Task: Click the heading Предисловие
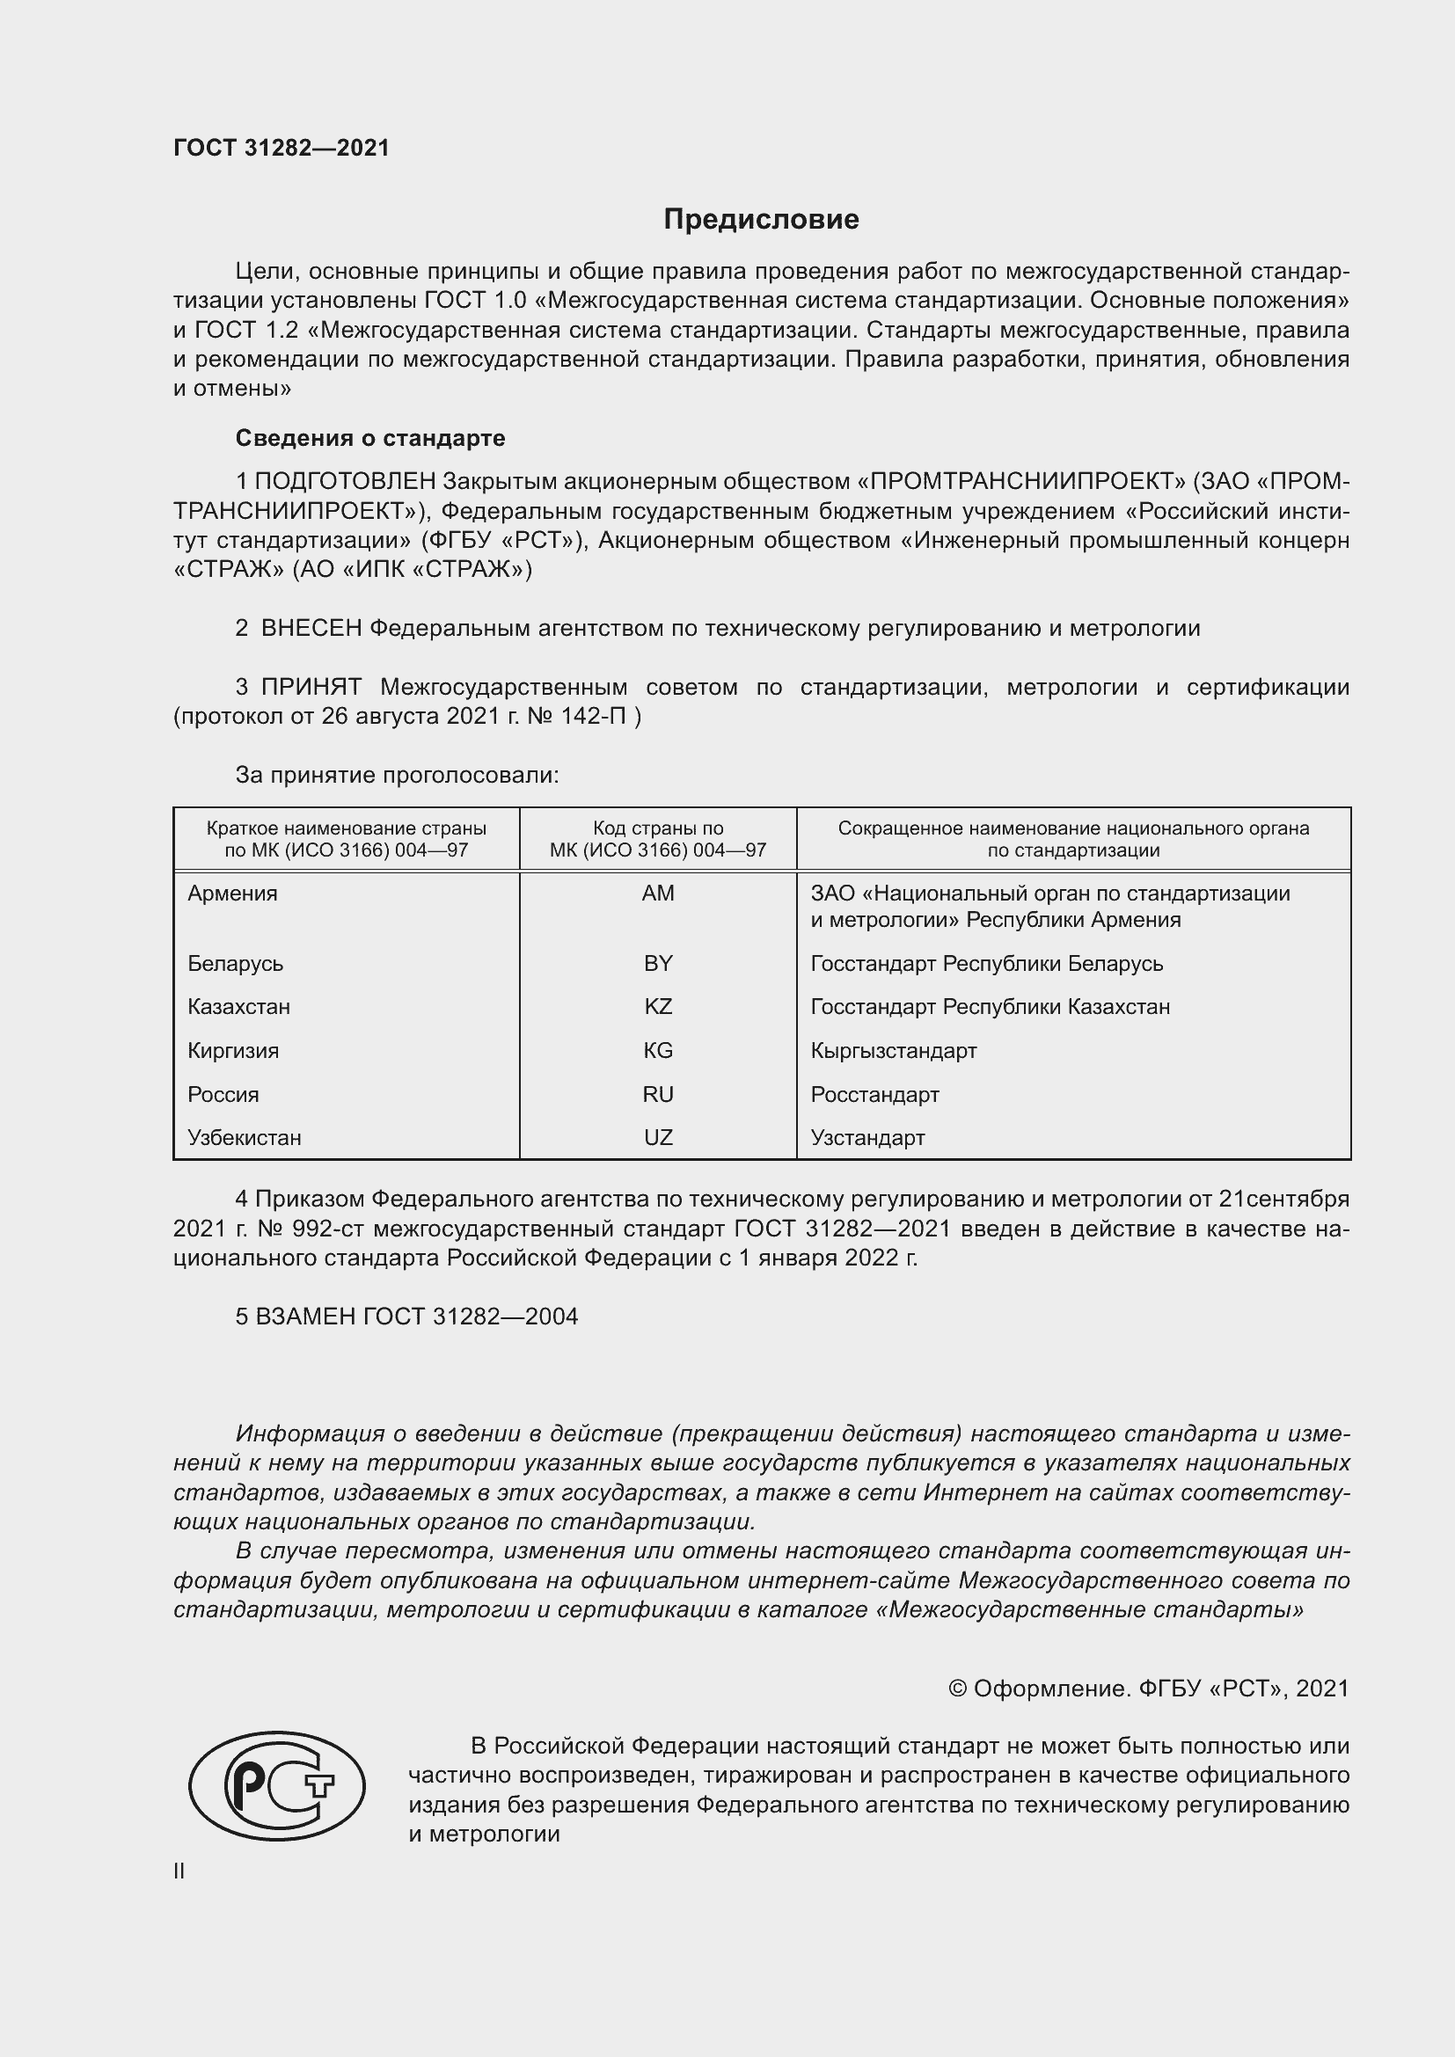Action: coord(761,220)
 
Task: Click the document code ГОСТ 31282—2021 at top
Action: coord(281,148)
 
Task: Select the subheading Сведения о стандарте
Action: coord(370,438)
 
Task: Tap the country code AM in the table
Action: coord(658,894)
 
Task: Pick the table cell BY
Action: coord(658,963)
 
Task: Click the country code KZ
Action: coord(658,1006)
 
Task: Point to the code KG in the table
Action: coord(658,1050)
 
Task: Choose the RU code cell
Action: coord(658,1094)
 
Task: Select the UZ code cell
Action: coord(658,1137)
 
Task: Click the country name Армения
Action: coord(233,894)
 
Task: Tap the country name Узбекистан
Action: coord(245,1137)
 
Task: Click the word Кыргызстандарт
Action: coord(893,1050)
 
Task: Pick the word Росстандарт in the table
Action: coord(874,1094)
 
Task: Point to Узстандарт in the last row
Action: coord(867,1137)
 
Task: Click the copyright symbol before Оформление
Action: coord(957,1689)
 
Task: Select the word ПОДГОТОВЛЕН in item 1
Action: coord(346,482)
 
